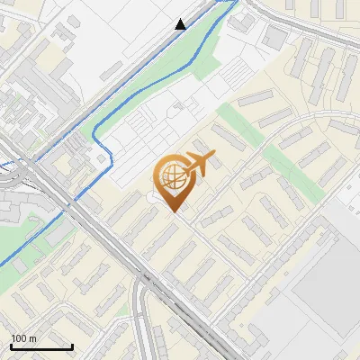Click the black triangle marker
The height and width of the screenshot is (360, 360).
coord(181,24)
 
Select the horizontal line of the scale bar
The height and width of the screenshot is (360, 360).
coord(41,346)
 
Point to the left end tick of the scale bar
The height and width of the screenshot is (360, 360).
coord(11,345)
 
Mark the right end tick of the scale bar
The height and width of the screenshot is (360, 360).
coord(72,345)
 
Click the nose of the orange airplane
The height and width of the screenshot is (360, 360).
coord(216,157)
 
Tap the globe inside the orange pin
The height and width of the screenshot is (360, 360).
coord(171,178)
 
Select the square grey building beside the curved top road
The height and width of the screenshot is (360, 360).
coord(274,38)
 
